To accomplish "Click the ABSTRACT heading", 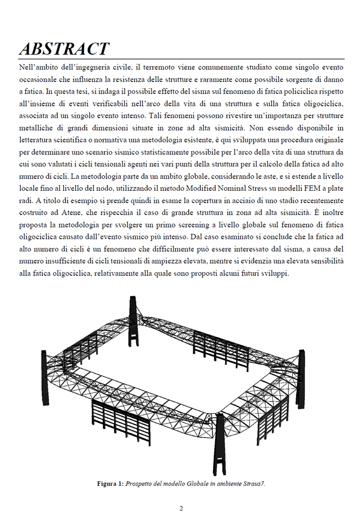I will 64,49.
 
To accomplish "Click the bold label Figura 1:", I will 110,484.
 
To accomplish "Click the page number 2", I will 181,509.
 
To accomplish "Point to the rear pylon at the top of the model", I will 133,320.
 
